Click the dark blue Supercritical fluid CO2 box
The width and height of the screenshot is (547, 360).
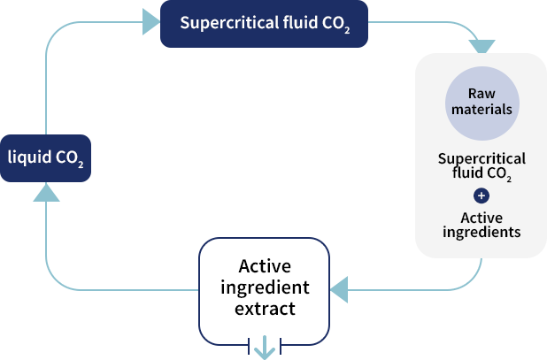coord(264,24)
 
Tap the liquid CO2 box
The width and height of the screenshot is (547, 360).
coord(46,158)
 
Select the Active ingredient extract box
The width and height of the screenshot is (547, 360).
coord(265,288)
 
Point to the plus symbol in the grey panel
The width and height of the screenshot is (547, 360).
coord(482,196)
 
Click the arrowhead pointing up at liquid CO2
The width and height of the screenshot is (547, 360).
coord(46,191)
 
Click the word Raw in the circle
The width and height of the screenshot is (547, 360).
coord(482,94)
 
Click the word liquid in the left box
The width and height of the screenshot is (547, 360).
coord(29,158)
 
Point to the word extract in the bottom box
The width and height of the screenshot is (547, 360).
coord(265,310)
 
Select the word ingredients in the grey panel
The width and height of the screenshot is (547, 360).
coord(482,233)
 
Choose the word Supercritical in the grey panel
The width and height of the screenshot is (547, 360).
coord(482,159)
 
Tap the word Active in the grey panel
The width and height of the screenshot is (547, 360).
coord(482,218)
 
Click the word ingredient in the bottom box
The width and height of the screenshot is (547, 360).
coord(265,288)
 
